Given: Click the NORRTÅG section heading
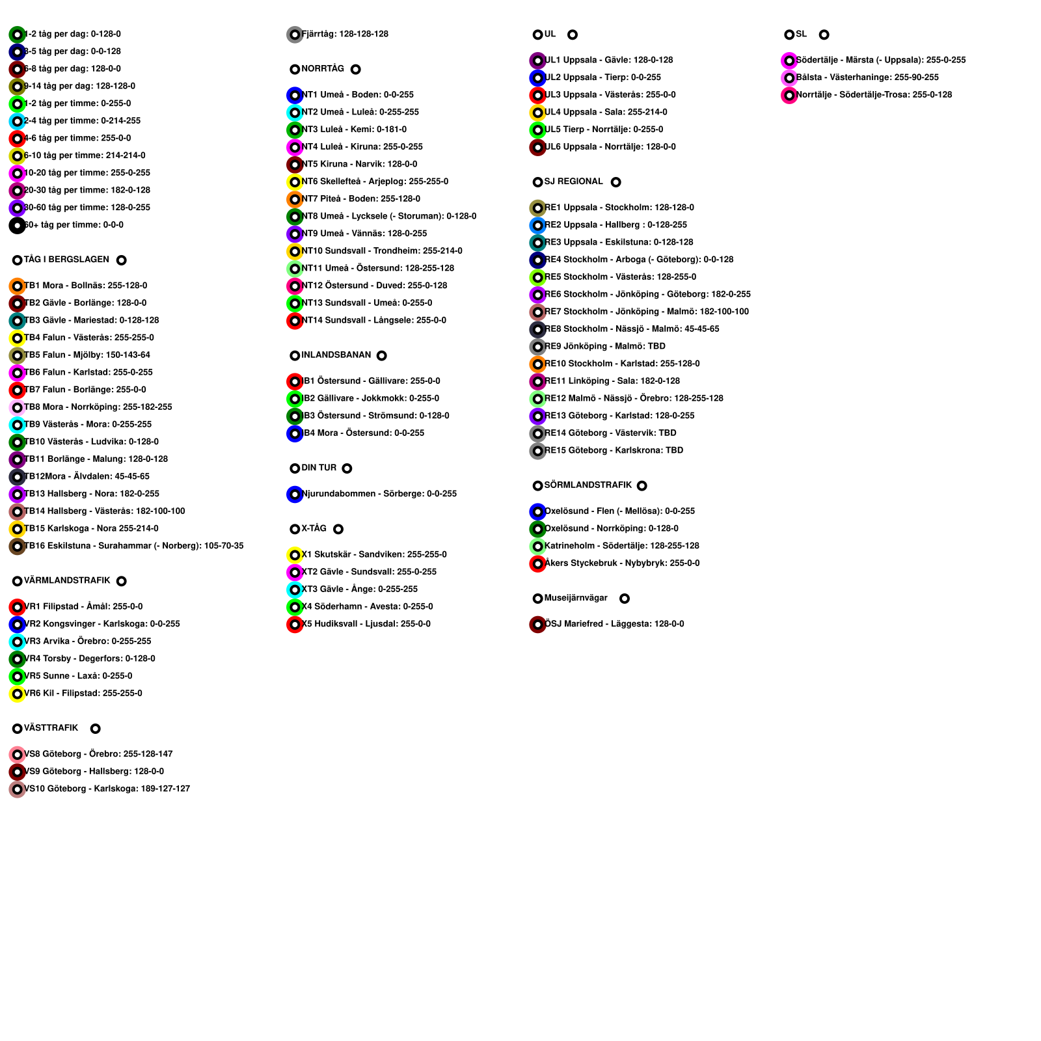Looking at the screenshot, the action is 323,69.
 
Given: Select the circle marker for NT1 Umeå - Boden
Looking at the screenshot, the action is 295,95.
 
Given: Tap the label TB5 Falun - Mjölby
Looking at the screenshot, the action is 87,355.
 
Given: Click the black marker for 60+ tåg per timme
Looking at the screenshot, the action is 18,226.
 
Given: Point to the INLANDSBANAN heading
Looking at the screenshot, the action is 336,355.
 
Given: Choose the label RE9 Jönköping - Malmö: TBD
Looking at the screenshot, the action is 605,347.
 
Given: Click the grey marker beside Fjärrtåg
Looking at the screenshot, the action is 295,34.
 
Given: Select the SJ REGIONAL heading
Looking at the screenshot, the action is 574,182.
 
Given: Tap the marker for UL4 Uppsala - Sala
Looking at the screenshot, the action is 537,113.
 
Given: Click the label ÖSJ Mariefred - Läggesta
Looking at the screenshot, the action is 614,625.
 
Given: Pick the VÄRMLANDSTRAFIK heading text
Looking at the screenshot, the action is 67,580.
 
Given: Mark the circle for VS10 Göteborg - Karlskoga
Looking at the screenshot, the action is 18,789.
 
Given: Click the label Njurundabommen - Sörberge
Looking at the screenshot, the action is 379,494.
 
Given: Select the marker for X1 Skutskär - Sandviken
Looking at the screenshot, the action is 295,555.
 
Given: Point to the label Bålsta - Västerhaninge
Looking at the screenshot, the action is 867,77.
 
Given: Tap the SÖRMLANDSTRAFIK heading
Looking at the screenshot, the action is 588,485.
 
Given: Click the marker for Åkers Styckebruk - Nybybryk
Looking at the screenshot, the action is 537,563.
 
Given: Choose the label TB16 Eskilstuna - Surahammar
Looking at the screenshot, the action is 134,547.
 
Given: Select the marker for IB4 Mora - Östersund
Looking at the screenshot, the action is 295,433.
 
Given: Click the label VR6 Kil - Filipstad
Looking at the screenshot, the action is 83,694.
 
